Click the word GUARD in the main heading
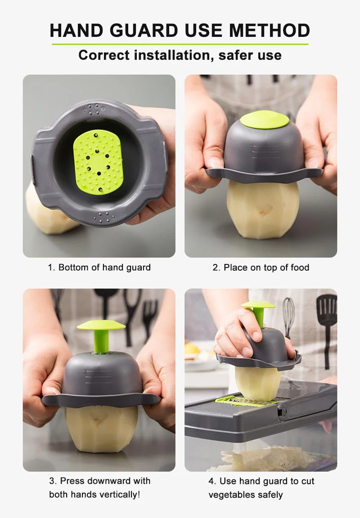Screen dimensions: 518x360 [x=145, y=30]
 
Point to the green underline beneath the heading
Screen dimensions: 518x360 [x=180, y=44]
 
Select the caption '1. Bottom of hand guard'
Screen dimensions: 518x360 [x=99, y=268]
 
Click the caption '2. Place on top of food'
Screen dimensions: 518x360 [x=261, y=268]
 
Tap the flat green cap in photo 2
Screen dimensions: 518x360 [x=264, y=120]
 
